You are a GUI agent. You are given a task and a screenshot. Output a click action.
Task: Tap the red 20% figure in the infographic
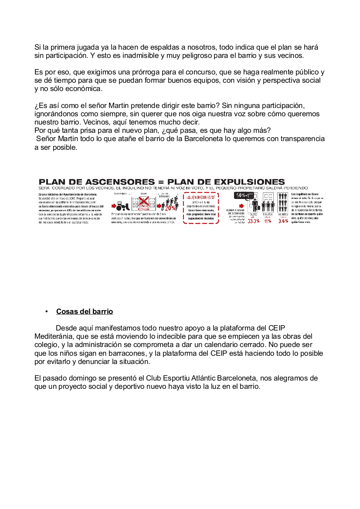click(x=171, y=208)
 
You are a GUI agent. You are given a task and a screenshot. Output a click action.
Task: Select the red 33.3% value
click(x=254, y=221)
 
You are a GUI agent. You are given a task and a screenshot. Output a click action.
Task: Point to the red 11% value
click(x=267, y=221)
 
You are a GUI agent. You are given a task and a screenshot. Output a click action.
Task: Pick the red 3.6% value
click(x=283, y=221)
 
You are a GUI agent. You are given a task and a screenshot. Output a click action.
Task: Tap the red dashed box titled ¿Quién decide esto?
click(x=200, y=208)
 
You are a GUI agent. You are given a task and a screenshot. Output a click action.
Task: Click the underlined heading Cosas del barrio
click(x=85, y=312)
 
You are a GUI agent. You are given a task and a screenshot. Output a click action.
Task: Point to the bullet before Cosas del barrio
click(x=46, y=312)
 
